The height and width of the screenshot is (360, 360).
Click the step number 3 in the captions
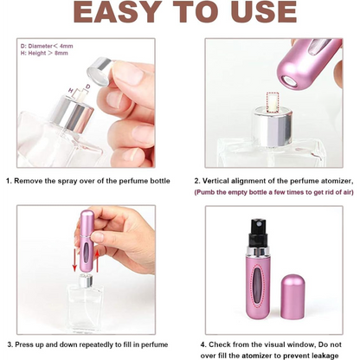point(9,343)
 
